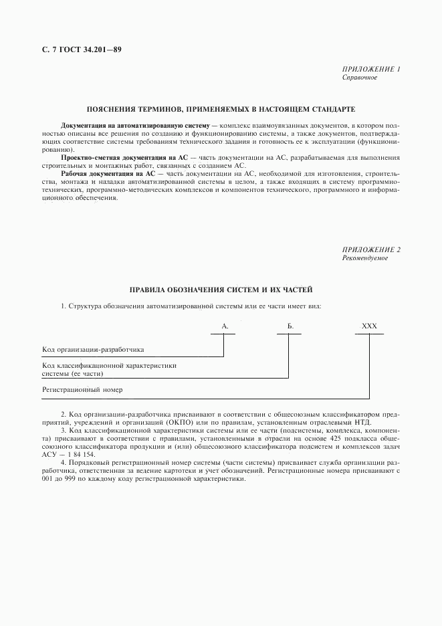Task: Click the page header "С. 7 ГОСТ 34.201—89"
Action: point(76,49)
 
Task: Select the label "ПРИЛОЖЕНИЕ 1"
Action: point(371,70)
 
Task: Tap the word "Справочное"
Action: point(360,78)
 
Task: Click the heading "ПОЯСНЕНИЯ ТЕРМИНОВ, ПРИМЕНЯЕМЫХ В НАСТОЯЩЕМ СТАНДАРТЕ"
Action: point(221,108)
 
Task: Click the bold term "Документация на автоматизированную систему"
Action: point(135,125)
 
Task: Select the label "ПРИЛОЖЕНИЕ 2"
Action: point(371,249)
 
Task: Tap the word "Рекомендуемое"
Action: point(364,257)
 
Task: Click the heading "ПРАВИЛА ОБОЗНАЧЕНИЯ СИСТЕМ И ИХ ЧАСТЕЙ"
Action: point(221,290)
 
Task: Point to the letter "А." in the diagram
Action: point(225,326)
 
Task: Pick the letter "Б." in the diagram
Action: point(290,326)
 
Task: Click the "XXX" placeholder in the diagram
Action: point(369,326)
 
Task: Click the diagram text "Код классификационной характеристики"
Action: point(113,366)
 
